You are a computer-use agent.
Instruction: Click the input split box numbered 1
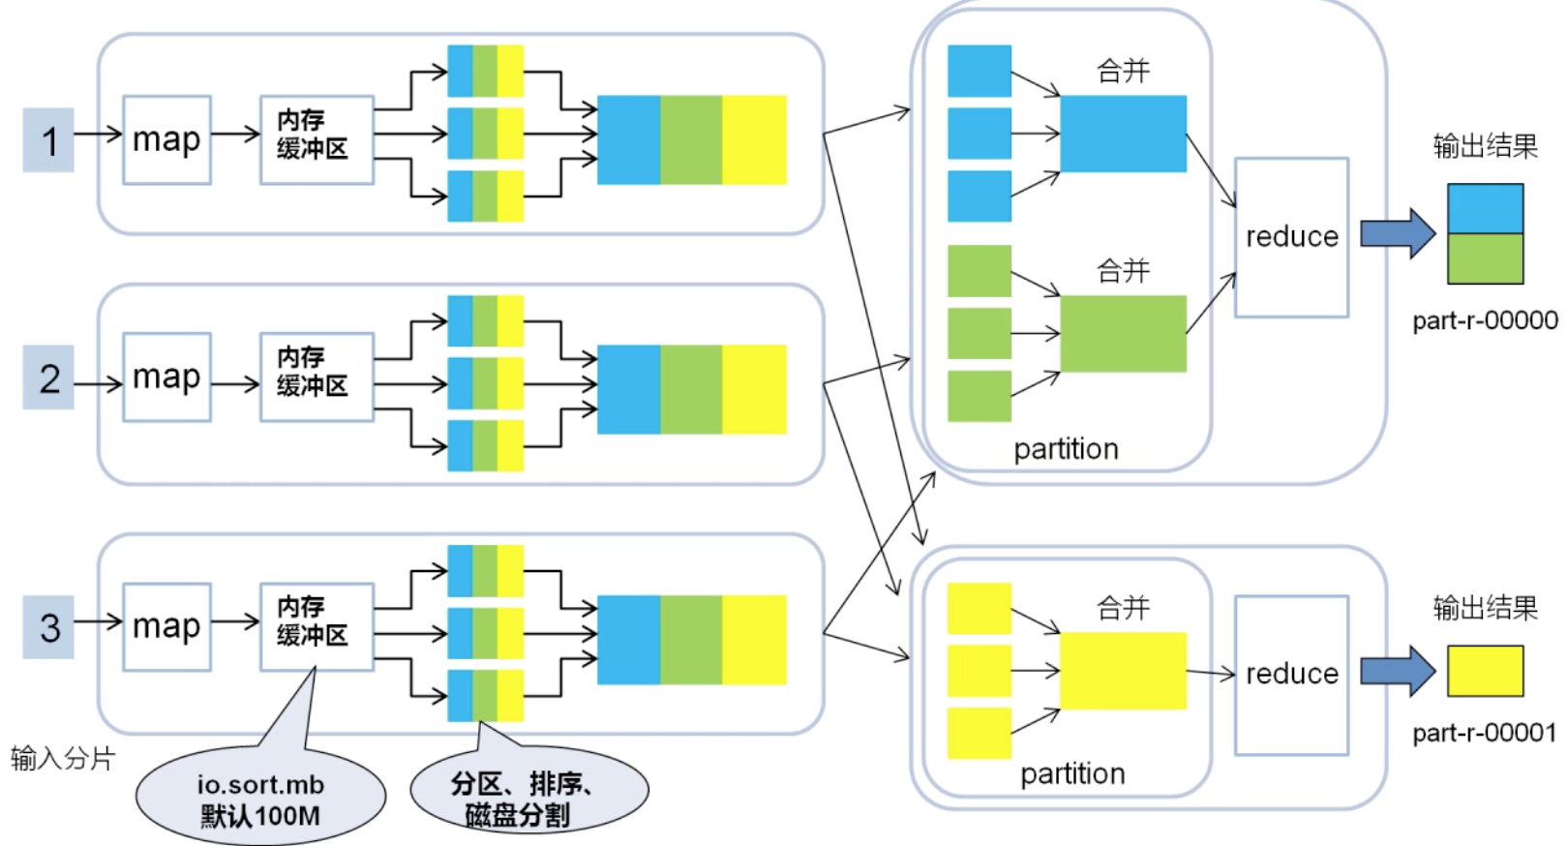point(48,140)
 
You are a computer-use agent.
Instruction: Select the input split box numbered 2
point(48,378)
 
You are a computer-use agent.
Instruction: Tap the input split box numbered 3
point(48,627)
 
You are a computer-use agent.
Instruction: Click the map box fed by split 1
point(166,140)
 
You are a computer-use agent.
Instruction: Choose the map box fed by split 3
point(166,627)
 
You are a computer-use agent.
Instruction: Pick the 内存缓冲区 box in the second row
point(317,377)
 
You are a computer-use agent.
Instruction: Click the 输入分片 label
point(63,758)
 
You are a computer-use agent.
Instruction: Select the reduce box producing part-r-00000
point(1291,237)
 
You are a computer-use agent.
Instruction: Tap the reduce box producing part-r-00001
point(1291,675)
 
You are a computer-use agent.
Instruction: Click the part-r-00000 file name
point(1485,320)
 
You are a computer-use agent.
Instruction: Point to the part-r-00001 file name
point(1485,733)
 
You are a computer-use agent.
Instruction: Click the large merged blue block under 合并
point(1123,134)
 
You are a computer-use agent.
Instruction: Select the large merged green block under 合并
point(1123,334)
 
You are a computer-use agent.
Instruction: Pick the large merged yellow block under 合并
point(1123,671)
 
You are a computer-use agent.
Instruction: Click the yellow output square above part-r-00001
point(1485,671)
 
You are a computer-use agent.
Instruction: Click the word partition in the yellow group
point(1072,773)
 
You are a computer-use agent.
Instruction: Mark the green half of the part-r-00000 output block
point(1485,258)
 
